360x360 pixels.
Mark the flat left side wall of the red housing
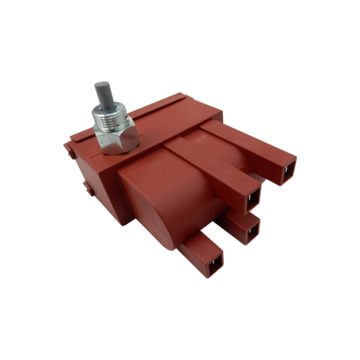click(95, 200)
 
